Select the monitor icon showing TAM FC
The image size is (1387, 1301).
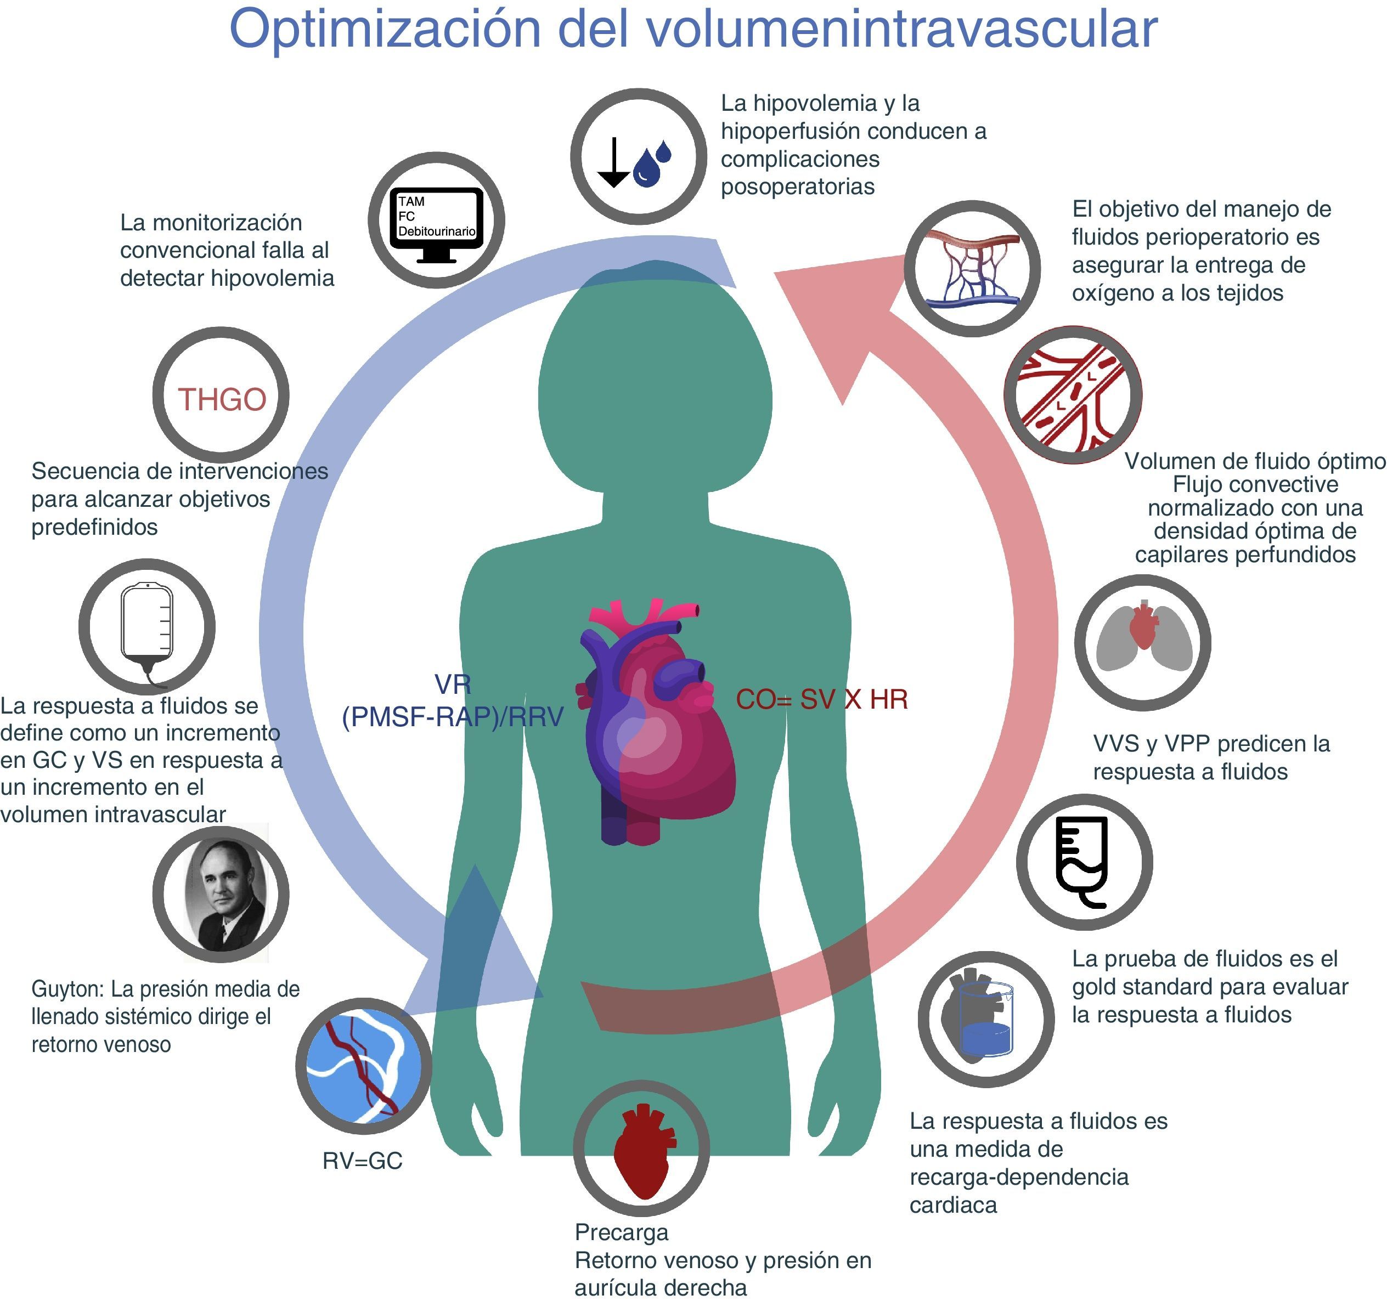tap(437, 221)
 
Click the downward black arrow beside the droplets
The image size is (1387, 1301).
tap(613, 162)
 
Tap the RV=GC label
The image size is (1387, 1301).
tap(362, 1161)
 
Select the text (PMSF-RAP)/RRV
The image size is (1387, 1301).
tap(452, 716)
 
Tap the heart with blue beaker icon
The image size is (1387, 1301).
tap(985, 1019)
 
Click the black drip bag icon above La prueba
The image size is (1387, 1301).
tap(1084, 862)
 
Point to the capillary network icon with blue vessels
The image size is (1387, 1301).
tap(972, 269)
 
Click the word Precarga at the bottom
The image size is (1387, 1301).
tap(621, 1232)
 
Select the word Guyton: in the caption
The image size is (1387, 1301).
tap(67, 989)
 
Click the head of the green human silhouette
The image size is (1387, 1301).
tap(655, 391)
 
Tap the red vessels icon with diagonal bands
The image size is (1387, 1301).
tap(1072, 395)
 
